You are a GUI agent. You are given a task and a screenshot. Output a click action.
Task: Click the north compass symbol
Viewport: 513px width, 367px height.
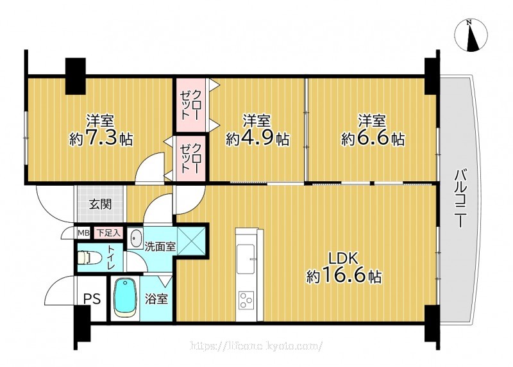tap(471, 35)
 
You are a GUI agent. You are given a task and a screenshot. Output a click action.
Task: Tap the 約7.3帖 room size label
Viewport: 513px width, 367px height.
tap(101, 139)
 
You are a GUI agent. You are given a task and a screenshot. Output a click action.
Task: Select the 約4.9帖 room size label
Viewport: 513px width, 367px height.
tap(258, 139)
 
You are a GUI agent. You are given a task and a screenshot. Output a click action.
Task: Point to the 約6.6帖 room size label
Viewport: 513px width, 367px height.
tap(373, 139)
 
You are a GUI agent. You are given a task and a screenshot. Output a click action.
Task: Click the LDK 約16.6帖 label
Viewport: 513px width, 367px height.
tap(344, 268)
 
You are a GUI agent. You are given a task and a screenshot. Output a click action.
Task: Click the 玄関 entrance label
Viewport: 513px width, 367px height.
tap(101, 204)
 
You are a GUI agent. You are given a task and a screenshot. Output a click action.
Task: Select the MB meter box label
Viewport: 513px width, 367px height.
tap(84, 233)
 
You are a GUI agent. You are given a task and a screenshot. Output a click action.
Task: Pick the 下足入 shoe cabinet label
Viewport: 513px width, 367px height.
tap(108, 233)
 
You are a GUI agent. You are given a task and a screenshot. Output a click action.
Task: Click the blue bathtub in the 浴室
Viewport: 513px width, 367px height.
tap(124, 297)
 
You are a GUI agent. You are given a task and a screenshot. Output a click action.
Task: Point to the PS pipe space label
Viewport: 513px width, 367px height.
tap(92, 298)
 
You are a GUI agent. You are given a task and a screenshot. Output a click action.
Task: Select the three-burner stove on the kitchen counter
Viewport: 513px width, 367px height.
tap(247, 300)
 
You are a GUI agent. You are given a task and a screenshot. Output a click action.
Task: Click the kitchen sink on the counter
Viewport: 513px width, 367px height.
tap(247, 258)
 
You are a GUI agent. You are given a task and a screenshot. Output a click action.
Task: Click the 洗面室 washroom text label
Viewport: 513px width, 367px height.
tap(160, 247)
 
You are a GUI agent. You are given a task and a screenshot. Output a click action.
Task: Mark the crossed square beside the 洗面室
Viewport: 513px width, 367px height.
tap(191, 241)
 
